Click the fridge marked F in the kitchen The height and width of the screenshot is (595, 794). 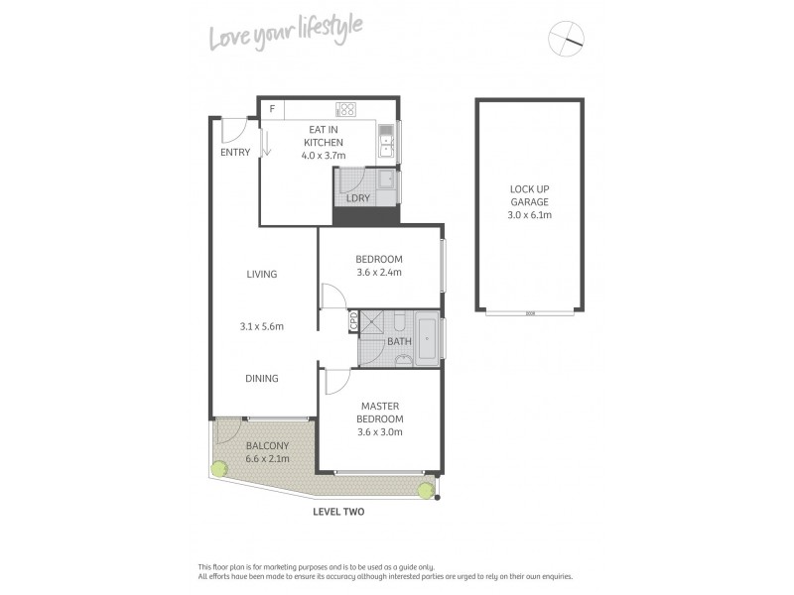(271, 108)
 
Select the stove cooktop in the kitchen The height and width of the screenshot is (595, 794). (346, 109)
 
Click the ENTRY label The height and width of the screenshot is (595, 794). (235, 152)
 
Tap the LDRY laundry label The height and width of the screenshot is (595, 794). (358, 198)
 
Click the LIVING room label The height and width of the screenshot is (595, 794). (262, 275)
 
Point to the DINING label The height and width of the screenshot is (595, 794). (262, 378)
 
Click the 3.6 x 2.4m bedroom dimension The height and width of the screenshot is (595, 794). (380, 274)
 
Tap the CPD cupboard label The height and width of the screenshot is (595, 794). (352, 321)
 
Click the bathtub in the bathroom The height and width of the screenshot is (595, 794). (427, 337)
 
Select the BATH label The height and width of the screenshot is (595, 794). (399, 342)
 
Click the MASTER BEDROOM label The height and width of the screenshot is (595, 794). (380, 412)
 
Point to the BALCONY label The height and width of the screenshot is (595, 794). (268, 445)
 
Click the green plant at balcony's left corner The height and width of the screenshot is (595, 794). (217, 469)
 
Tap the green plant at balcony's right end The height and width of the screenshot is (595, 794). (426, 489)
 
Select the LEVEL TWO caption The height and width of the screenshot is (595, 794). (338, 513)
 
